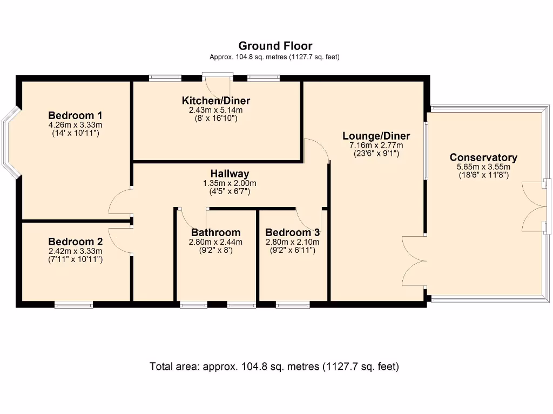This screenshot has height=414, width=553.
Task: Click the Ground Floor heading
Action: [x=275, y=46]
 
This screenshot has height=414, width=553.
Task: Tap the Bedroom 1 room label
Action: [x=75, y=115]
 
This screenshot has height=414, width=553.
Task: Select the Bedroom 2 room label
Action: [x=76, y=242]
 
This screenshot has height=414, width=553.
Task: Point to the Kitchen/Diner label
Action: [x=216, y=101]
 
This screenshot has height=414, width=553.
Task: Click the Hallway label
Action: [x=230, y=174]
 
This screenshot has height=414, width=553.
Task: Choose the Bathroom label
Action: [x=216, y=232]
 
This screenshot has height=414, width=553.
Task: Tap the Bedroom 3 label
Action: [x=292, y=232]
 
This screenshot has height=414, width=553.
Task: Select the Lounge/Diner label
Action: [x=376, y=136]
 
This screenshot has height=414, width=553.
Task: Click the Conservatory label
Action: [x=483, y=157]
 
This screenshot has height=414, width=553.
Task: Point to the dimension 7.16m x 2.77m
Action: [x=376, y=146]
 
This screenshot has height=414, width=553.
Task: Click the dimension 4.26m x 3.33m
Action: [x=76, y=125]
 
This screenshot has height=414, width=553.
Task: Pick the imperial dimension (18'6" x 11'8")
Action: [x=483, y=175]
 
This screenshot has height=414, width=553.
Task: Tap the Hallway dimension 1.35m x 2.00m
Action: [x=230, y=183]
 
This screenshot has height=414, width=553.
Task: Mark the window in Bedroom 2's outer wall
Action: [x=73, y=305]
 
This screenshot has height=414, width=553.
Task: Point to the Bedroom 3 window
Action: [x=293, y=305]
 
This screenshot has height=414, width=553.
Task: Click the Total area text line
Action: [x=274, y=367]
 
